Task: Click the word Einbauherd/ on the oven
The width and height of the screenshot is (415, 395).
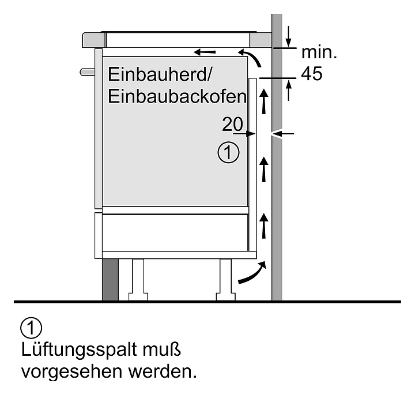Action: pyautogui.click(x=159, y=74)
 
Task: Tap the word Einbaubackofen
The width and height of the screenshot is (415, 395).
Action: pyautogui.click(x=177, y=96)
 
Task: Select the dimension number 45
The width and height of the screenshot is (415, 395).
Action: pyautogui.click(x=312, y=73)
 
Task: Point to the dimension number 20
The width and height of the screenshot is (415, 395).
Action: pyautogui.click(x=232, y=124)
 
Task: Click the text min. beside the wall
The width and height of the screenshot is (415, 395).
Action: pyautogui.click(x=319, y=52)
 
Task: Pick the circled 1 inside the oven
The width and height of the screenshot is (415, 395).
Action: pyautogui.click(x=228, y=152)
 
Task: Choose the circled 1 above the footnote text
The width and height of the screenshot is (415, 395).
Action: pyautogui.click(x=31, y=328)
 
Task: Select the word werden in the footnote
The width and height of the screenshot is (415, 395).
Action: pyautogui.click(x=163, y=371)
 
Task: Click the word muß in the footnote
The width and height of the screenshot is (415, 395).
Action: pyautogui.click(x=162, y=349)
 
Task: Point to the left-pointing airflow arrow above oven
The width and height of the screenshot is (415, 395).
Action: pyautogui.click(x=205, y=52)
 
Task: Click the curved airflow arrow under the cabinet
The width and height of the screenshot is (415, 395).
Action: pyautogui.click(x=252, y=272)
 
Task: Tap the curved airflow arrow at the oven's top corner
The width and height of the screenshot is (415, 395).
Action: pyautogui.click(x=252, y=56)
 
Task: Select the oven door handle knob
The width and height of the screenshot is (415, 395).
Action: pyautogui.click(x=88, y=72)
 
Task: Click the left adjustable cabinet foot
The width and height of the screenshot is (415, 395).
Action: pyautogui.click(x=138, y=280)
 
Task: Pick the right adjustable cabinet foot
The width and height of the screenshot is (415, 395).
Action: pyautogui.click(x=225, y=280)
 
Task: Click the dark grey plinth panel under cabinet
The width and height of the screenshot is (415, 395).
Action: pyautogui.click(x=110, y=280)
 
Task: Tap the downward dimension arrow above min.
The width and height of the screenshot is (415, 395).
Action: pyautogui.click(x=289, y=36)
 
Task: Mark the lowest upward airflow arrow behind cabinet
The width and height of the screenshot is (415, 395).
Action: pyautogui.click(x=263, y=226)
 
